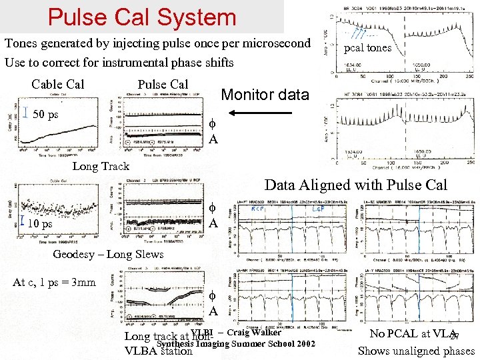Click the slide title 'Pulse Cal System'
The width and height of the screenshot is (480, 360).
tap(142, 17)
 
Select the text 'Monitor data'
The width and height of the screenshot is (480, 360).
tap(265, 95)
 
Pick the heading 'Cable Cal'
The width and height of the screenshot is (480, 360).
tap(58, 85)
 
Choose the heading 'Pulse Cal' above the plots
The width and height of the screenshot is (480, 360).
tap(163, 85)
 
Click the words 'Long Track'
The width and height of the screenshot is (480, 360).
tap(101, 166)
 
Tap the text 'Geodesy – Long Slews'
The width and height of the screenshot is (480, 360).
tap(107, 254)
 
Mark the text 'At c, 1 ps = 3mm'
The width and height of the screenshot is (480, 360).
tap(54, 282)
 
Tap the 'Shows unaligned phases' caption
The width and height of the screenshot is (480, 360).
tap(416, 351)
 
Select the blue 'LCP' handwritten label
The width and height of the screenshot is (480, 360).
tap(318, 209)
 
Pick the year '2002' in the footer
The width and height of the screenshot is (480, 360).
tap(301, 343)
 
